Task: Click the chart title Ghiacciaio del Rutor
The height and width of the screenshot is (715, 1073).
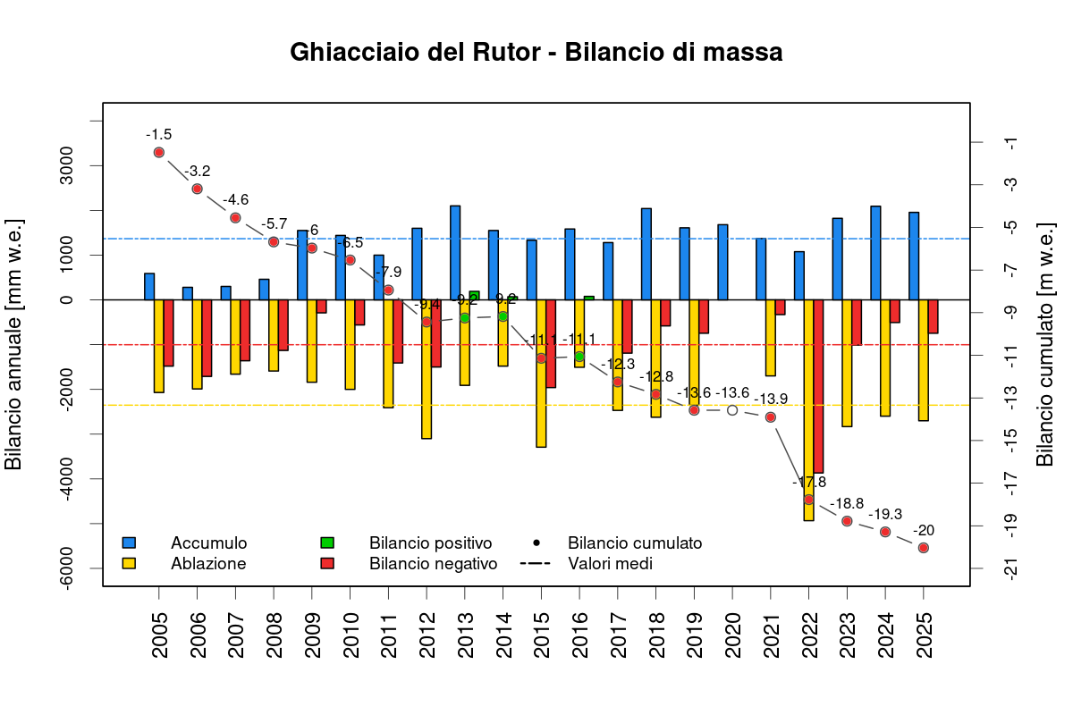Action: tap(536, 53)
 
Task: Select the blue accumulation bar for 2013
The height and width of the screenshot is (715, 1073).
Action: tap(455, 252)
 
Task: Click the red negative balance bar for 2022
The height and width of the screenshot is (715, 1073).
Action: tap(818, 386)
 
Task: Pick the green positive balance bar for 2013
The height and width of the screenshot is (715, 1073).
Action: tap(474, 295)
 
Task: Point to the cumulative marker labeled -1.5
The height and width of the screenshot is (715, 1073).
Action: tap(159, 152)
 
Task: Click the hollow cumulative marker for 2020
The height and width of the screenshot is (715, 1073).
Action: tap(732, 410)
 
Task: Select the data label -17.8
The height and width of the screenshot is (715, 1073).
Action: tap(809, 482)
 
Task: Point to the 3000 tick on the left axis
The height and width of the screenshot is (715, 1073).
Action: tap(68, 166)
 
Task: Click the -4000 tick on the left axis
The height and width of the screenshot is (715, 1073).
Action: tap(68, 479)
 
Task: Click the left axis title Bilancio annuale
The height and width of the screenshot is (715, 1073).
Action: tap(14, 344)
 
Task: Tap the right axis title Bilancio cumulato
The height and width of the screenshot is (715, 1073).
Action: tap(1044, 344)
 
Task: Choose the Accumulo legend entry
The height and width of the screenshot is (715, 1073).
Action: tap(208, 543)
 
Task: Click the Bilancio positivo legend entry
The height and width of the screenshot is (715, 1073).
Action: tap(430, 543)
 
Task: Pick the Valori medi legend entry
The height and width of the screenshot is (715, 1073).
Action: tap(610, 564)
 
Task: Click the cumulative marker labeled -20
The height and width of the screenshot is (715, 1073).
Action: tap(924, 548)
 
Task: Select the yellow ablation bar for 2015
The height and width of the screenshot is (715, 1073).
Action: tap(541, 373)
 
